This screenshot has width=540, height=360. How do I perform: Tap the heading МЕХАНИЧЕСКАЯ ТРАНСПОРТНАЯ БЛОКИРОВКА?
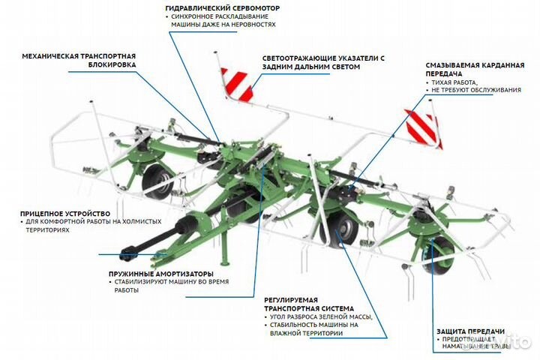pos(79,60)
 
